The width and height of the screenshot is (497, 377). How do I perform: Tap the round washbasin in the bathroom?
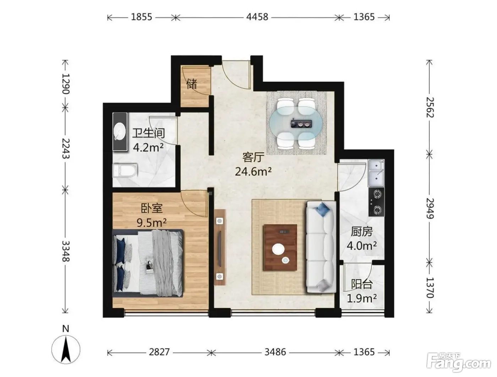pyautogui.click(x=119, y=131)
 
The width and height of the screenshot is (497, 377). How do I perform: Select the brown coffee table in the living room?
pyautogui.click(x=280, y=247)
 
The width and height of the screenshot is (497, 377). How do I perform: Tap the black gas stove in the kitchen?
pyautogui.click(x=376, y=201)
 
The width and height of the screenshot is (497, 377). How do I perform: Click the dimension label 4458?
pyautogui.click(x=257, y=17)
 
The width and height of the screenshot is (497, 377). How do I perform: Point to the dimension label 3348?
pyautogui.click(x=66, y=251)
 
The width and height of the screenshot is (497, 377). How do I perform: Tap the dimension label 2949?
pyautogui.click(x=430, y=208)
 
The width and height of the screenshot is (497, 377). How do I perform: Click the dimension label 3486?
pyautogui.click(x=275, y=352)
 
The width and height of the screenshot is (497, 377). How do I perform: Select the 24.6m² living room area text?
pyautogui.click(x=253, y=171)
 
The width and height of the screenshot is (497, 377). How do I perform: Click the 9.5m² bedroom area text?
pyautogui.click(x=152, y=223)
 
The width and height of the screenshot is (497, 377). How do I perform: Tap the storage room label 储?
pyautogui.click(x=192, y=84)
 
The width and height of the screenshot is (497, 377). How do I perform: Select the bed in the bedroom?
pyautogui.click(x=148, y=263)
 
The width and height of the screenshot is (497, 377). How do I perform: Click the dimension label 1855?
pyautogui.click(x=142, y=17)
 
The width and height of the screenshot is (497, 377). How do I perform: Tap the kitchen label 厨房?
pyautogui.click(x=362, y=232)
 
